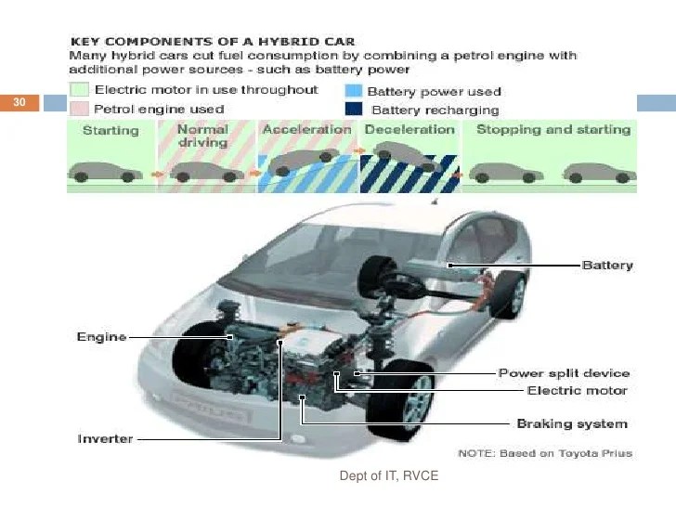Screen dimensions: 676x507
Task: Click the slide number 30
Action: (19, 102)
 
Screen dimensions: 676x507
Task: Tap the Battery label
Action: (607, 266)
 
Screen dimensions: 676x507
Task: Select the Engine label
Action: (101, 337)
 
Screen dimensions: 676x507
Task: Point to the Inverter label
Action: (104, 438)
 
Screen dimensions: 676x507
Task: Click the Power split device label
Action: (564, 373)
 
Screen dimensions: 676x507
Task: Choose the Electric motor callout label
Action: (577, 391)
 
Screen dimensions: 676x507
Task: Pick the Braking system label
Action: (571, 423)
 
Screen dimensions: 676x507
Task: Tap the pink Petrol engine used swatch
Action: (80, 110)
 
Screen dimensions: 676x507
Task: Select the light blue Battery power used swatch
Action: (353, 91)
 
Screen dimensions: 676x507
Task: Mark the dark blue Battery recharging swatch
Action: (353, 110)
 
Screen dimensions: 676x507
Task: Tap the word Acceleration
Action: (306, 130)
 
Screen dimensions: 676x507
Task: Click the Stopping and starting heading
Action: (552, 130)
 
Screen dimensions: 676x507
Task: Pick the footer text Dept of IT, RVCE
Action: (388, 476)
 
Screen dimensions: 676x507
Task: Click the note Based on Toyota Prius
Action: (546, 453)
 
